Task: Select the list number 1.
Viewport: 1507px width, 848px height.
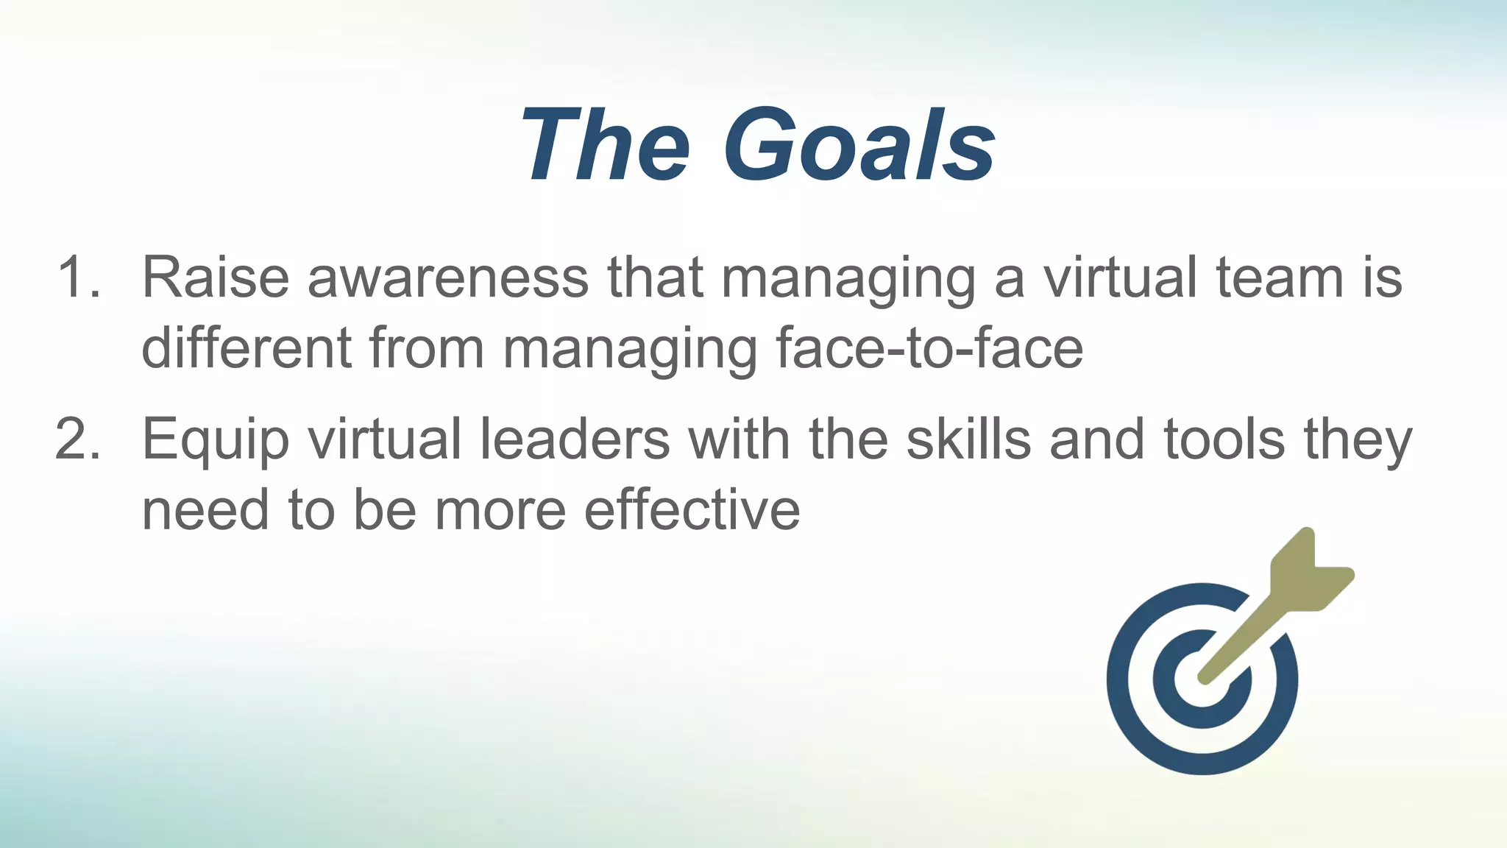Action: tap(78, 278)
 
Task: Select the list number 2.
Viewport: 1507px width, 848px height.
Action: tap(78, 439)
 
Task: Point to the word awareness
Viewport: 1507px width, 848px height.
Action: tap(448, 278)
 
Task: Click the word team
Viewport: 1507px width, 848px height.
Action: tap(1280, 278)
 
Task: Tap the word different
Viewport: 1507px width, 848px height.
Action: tap(247, 347)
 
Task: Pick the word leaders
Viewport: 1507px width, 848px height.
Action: tap(575, 439)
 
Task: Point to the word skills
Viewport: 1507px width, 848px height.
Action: tap(968, 439)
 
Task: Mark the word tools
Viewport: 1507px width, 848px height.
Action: tap(1224, 439)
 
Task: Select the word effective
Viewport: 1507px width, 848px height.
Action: tap(692, 509)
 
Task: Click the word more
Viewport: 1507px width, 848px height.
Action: tap(500, 511)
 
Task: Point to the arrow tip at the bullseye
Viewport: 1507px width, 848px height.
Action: tap(1205, 676)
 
